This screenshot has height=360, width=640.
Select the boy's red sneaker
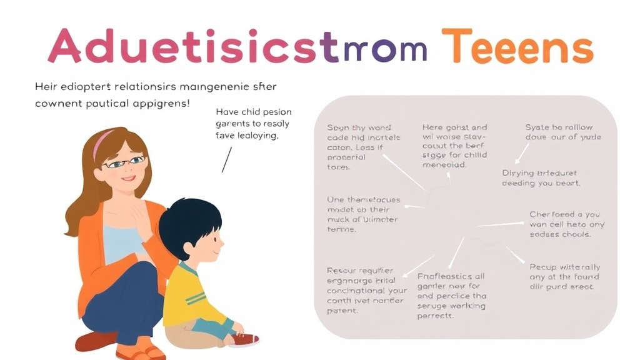245,339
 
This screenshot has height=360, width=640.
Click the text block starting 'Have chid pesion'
253,123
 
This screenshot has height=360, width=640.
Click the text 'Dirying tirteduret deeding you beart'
541,177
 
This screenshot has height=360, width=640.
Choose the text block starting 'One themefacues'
363,214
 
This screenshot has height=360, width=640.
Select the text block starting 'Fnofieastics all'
451,296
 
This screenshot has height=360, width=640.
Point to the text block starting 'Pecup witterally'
564,276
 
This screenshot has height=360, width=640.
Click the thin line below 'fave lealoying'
226,159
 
